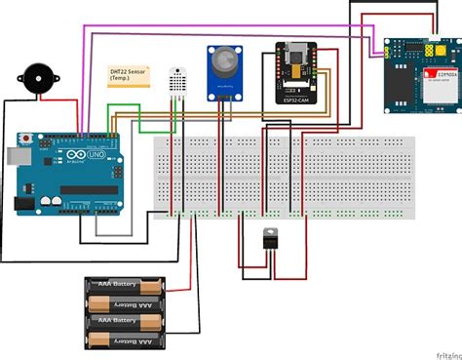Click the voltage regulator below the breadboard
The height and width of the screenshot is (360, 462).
tap(270, 240)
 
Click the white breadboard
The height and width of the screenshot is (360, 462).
tap(283, 176)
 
